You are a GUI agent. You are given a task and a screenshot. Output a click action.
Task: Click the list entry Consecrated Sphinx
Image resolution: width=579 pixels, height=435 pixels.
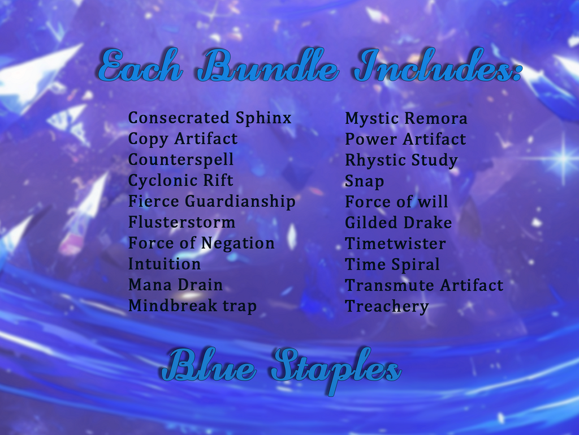point(210,118)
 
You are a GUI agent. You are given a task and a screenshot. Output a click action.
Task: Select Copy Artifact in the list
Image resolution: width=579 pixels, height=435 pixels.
point(183,139)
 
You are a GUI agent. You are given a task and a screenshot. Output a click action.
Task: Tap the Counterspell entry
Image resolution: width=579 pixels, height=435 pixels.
point(181,160)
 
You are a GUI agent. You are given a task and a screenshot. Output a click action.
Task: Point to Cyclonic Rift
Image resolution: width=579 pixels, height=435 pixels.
point(180,181)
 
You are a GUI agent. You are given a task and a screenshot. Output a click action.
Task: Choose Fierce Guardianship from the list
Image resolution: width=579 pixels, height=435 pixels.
point(211,202)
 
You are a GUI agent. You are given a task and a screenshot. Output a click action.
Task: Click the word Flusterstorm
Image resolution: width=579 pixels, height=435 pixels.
point(182,222)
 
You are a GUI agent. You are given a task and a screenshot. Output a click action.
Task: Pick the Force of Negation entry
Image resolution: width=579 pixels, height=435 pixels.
point(201,244)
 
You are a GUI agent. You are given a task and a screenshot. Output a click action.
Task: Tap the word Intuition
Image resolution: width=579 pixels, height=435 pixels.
point(165,264)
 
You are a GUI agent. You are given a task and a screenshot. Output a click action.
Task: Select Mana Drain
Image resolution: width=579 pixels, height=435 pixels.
point(175,285)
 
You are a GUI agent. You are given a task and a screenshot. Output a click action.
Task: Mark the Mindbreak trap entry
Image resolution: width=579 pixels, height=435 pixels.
point(192,306)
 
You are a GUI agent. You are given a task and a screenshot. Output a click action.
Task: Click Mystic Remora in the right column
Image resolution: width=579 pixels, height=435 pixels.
point(406,119)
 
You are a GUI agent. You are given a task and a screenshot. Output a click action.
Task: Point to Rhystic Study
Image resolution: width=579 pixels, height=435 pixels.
point(401,160)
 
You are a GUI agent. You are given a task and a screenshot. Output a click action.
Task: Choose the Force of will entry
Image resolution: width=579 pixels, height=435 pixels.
point(396,202)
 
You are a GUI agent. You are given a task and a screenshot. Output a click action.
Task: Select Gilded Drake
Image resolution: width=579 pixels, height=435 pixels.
point(398,223)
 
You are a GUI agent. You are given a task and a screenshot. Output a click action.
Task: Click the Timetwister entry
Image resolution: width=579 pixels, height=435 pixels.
point(395,244)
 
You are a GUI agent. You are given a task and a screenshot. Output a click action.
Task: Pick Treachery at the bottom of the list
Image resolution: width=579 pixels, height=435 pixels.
point(387,306)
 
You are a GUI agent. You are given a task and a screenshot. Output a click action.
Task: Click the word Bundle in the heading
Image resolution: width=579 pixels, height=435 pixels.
point(267,65)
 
